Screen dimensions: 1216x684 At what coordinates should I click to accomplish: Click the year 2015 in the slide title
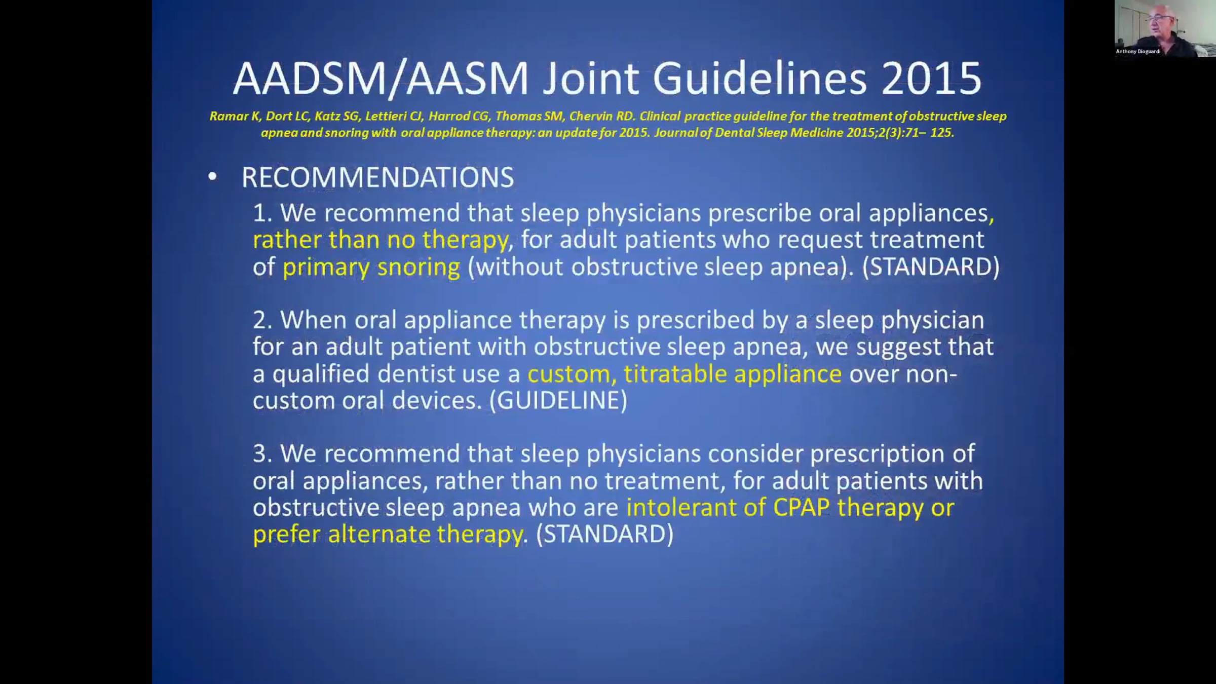(x=931, y=79)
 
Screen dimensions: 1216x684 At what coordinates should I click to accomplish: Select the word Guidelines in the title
(x=759, y=79)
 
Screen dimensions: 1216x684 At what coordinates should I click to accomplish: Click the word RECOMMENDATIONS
(x=377, y=177)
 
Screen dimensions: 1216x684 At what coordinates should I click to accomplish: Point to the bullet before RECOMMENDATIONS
(x=212, y=176)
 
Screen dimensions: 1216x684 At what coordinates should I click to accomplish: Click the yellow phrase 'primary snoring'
(x=371, y=267)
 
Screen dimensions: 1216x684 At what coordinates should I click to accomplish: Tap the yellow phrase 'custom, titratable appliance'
(x=685, y=374)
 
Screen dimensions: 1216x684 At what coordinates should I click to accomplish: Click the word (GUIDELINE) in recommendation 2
(x=558, y=400)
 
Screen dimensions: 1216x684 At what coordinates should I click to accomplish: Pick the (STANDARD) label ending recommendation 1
(x=931, y=267)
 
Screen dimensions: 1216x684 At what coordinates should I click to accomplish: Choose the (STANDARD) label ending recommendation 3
(x=605, y=534)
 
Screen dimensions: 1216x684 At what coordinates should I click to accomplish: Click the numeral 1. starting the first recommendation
(x=263, y=213)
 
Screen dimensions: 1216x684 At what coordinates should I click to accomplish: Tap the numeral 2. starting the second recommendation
(x=263, y=320)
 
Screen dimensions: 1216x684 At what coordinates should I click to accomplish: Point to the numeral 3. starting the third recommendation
(x=263, y=453)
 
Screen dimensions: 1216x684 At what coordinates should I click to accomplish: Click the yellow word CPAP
(x=802, y=507)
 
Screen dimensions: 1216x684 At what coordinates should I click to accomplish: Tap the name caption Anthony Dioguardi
(x=1138, y=51)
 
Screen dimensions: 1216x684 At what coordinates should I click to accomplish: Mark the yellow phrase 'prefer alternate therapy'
(x=388, y=534)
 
